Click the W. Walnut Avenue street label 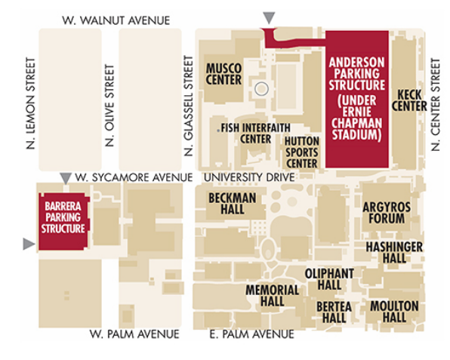tap(116, 20)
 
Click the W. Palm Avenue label tap(134, 334)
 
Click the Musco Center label tap(223, 74)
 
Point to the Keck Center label tap(411, 100)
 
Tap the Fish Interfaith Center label tap(246, 133)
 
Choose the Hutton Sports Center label tap(301, 152)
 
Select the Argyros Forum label tap(386, 212)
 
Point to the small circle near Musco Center tap(260, 88)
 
